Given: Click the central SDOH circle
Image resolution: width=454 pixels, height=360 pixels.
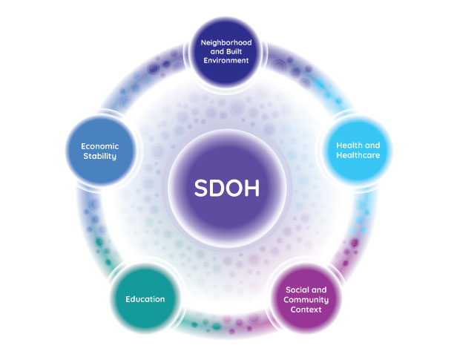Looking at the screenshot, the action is (x=227, y=188).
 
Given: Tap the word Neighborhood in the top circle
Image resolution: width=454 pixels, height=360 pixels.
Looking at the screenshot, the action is (x=226, y=42).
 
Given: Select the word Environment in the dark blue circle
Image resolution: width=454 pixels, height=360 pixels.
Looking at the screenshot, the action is (x=226, y=61).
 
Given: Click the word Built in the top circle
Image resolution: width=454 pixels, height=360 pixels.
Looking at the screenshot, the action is (x=234, y=51).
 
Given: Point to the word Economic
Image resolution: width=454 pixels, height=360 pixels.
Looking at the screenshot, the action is (x=100, y=146).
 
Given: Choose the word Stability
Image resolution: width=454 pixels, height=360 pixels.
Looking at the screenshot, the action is (x=100, y=156).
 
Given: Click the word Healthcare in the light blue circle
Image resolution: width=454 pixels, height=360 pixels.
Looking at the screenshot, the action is (x=358, y=155).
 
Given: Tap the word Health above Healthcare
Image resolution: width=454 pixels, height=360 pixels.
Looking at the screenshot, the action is (x=347, y=145).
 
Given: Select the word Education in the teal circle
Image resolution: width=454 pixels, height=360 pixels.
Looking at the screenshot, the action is (x=145, y=299).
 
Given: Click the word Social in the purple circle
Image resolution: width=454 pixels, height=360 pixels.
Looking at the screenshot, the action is (x=295, y=290).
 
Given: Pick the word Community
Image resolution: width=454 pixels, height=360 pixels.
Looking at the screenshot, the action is (x=306, y=300).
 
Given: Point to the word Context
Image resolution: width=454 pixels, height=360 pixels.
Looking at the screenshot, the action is (x=306, y=310).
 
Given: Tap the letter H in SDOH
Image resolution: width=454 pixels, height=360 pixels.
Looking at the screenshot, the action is (x=252, y=188).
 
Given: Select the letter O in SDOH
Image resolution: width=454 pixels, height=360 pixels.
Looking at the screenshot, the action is (x=235, y=188).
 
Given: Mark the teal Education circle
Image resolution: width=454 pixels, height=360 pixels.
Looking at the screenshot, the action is (x=145, y=298).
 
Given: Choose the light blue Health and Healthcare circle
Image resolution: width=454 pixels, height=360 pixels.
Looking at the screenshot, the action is (x=358, y=151).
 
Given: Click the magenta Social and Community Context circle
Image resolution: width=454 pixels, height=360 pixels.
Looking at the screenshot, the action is (x=306, y=299).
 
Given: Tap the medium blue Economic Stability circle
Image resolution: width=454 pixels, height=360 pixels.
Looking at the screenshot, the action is (x=100, y=151).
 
